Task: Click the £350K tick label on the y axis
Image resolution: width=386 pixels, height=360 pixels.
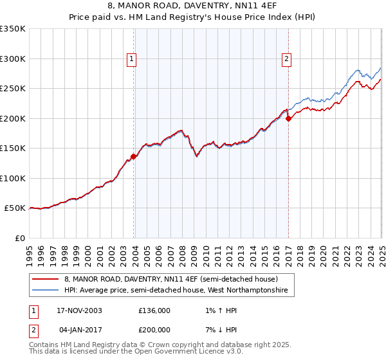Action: (x=13, y=29)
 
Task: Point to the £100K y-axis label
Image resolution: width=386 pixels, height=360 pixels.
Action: (x=13, y=178)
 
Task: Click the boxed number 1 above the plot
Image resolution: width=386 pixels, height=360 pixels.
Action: (x=132, y=59)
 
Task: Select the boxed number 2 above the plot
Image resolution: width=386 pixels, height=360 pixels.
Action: (x=286, y=59)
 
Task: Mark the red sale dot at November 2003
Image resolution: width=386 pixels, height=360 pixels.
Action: (x=134, y=156)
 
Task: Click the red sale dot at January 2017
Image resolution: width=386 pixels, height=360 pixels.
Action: (x=288, y=118)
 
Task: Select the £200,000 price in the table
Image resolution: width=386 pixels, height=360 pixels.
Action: (x=154, y=330)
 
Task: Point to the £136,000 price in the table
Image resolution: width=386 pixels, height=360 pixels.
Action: (x=154, y=310)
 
